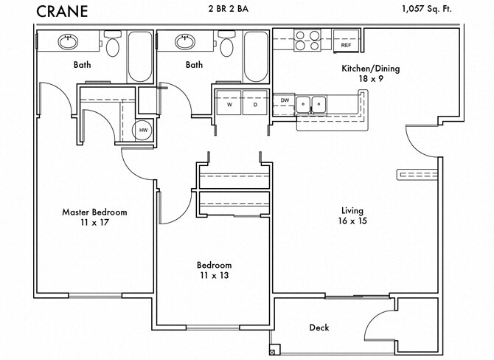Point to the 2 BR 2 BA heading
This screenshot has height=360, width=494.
tap(237, 9)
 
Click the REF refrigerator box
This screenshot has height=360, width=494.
tap(345, 45)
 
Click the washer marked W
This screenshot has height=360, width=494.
tap(229, 104)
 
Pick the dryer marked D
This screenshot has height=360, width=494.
tap(254, 104)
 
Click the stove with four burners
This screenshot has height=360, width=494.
tap(305, 40)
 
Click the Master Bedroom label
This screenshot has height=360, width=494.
tap(94, 217)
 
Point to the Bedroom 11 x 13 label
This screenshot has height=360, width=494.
tap(214, 270)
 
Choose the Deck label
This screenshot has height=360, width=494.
tap(319, 328)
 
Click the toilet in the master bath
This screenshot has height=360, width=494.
tap(112, 46)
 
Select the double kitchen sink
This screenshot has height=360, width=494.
tap(310, 104)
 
